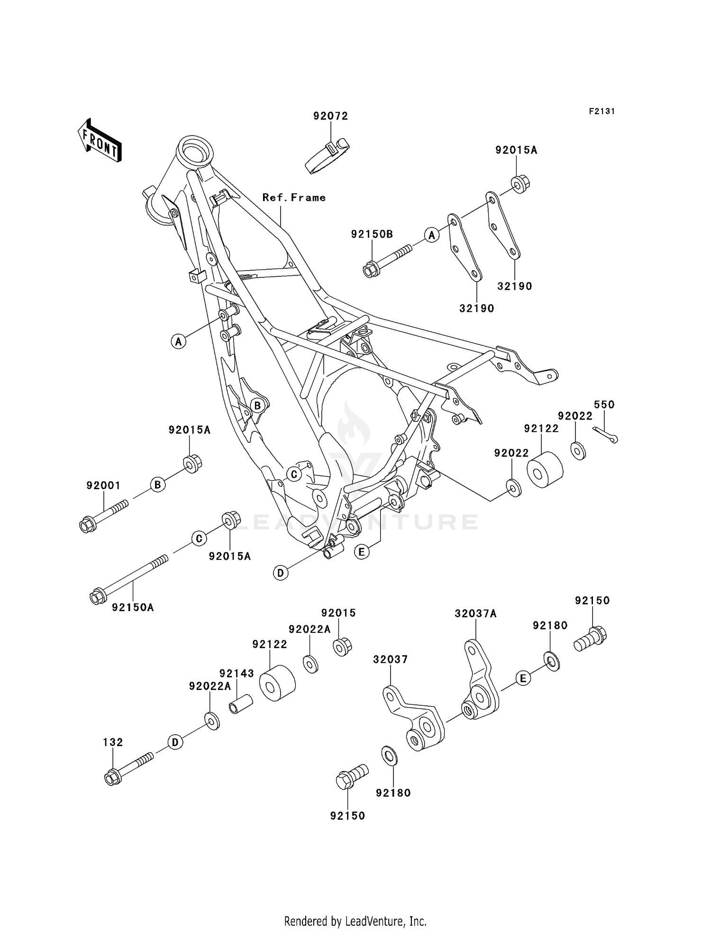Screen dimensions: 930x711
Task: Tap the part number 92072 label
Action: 330,116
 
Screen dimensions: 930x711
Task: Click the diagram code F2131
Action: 602,111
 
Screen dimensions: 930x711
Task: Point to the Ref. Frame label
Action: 294,198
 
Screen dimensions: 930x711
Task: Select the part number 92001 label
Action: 103,485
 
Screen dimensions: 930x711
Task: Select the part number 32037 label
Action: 390,659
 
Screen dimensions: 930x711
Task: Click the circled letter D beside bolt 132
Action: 175,742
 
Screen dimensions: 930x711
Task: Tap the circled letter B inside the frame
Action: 257,406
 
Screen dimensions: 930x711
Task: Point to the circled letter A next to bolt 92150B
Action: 431,235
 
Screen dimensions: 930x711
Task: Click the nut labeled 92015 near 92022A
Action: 341,647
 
